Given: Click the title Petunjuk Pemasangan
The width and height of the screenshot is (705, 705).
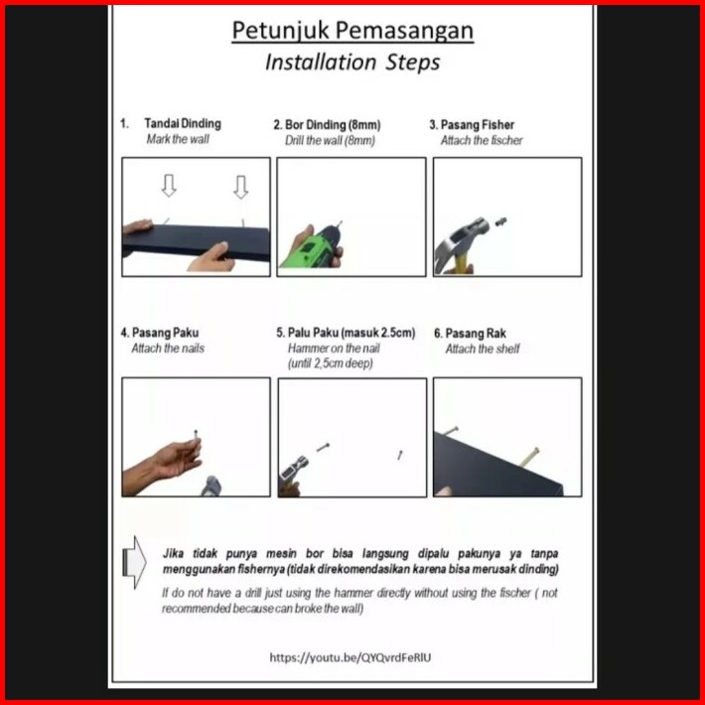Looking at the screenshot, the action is click(352, 31).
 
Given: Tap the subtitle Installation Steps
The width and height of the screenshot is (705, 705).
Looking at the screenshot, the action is click(352, 62).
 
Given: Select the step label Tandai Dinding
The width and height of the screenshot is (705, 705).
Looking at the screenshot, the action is click(183, 124).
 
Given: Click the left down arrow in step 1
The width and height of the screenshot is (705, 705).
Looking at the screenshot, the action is click(169, 186).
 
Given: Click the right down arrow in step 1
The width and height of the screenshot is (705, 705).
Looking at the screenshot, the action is click(240, 187).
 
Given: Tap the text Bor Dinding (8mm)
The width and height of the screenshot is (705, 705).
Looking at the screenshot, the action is click(333, 124).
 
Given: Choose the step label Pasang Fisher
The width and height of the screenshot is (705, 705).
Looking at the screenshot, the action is click(477, 124).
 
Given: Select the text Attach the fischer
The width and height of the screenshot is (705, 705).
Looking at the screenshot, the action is click(482, 140).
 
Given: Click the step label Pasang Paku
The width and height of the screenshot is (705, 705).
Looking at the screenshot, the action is click(165, 333).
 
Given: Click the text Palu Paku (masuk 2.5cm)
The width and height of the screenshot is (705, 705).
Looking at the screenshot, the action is click(352, 333).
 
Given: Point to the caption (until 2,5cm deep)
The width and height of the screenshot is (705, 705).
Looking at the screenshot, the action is click(331, 362).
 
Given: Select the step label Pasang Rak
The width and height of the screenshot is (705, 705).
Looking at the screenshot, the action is click(476, 334).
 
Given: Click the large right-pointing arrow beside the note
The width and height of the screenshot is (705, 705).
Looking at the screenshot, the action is click(134, 562).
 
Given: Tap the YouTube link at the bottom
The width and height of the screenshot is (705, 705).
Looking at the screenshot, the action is click(351, 657).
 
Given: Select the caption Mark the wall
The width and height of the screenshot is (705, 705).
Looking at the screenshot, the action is click(178, 139).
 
